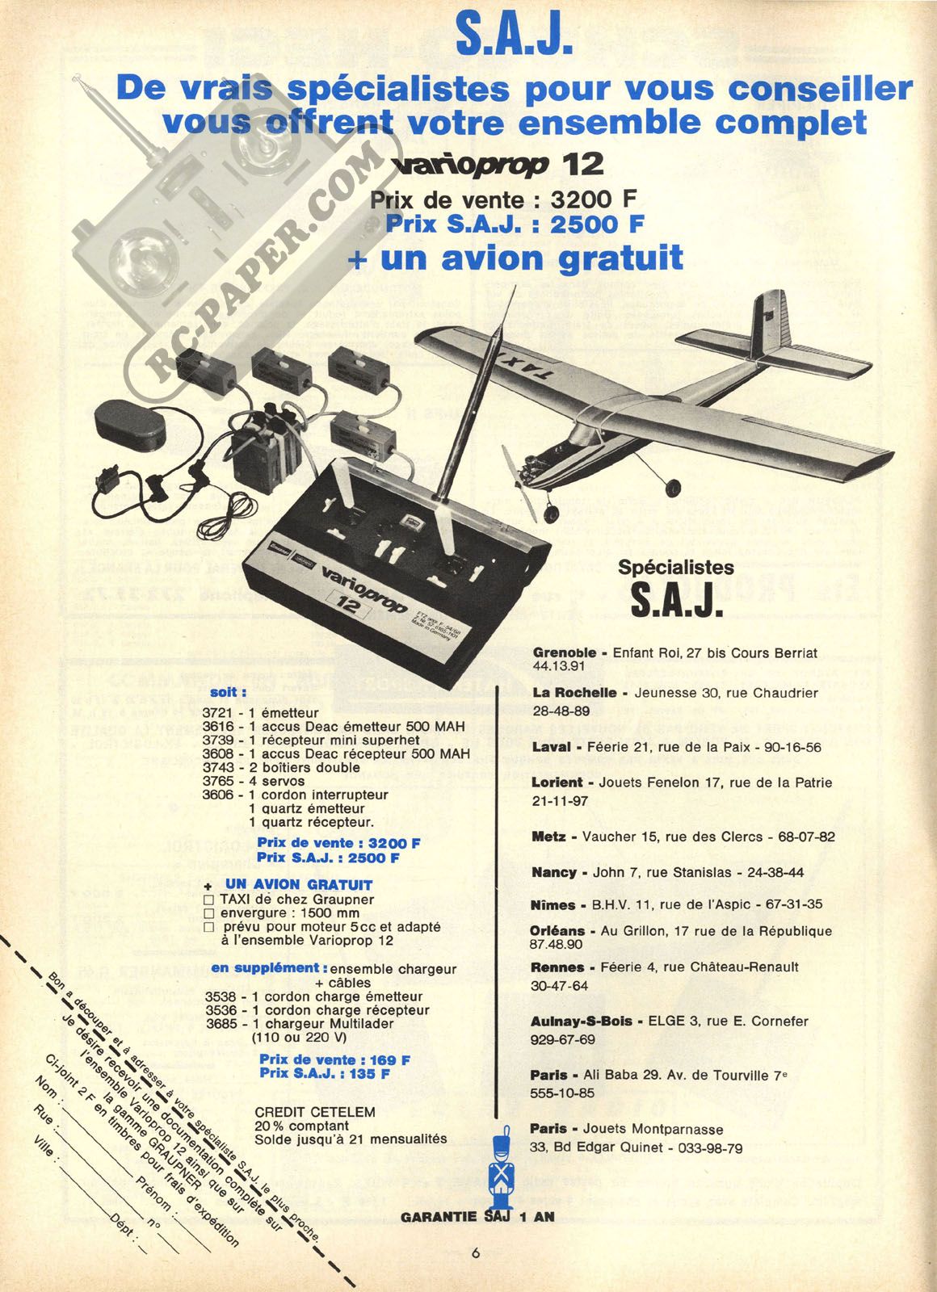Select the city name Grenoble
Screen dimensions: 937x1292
(564, 653)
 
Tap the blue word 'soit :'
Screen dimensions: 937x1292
(229, 693)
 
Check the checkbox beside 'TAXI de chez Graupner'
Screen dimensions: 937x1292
(209, 900)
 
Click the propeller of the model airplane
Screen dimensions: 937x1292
(520, 484)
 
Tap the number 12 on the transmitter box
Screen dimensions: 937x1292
(348, 606)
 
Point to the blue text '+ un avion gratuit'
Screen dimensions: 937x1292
(515, 258)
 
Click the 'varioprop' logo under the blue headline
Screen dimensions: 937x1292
(468, 165)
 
